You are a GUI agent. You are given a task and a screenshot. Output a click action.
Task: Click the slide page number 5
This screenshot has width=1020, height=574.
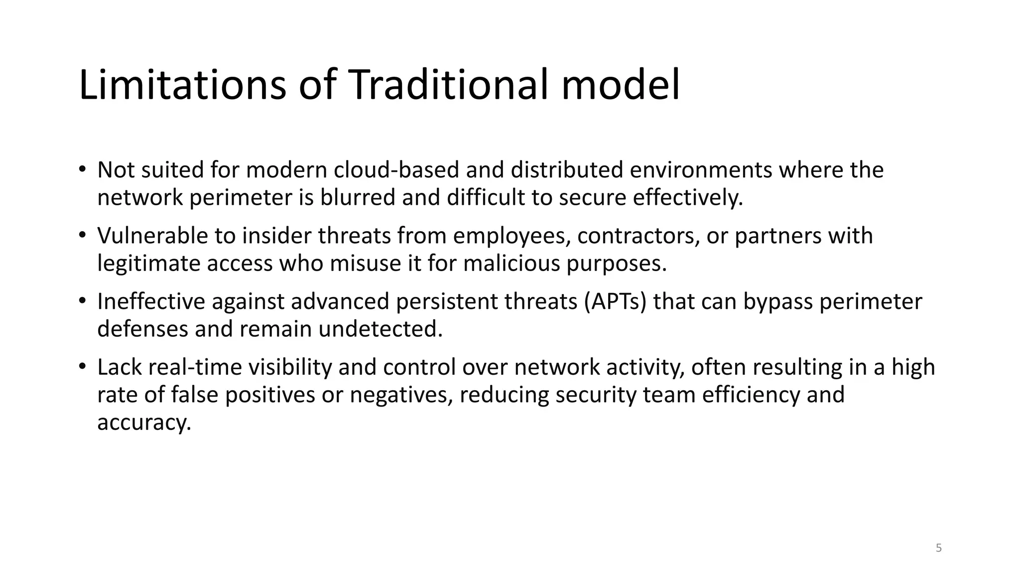tap(939, 548)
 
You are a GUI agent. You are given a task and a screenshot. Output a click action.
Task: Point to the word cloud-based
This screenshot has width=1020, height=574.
tap(396, 170)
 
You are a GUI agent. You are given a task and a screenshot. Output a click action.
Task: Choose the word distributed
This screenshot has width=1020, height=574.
tap(567, 170)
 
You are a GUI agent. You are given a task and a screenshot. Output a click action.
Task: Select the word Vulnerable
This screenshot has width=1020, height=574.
tap(152, 236)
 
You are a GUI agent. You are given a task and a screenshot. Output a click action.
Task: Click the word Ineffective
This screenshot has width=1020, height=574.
tap(151, 301)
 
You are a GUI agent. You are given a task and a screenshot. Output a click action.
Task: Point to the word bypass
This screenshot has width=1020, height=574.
tap(778, 302)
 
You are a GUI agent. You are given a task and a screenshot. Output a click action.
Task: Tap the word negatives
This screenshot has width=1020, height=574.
tap(401, 395)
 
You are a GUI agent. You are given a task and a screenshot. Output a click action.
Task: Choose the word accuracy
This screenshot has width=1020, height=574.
tap(144, 423)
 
